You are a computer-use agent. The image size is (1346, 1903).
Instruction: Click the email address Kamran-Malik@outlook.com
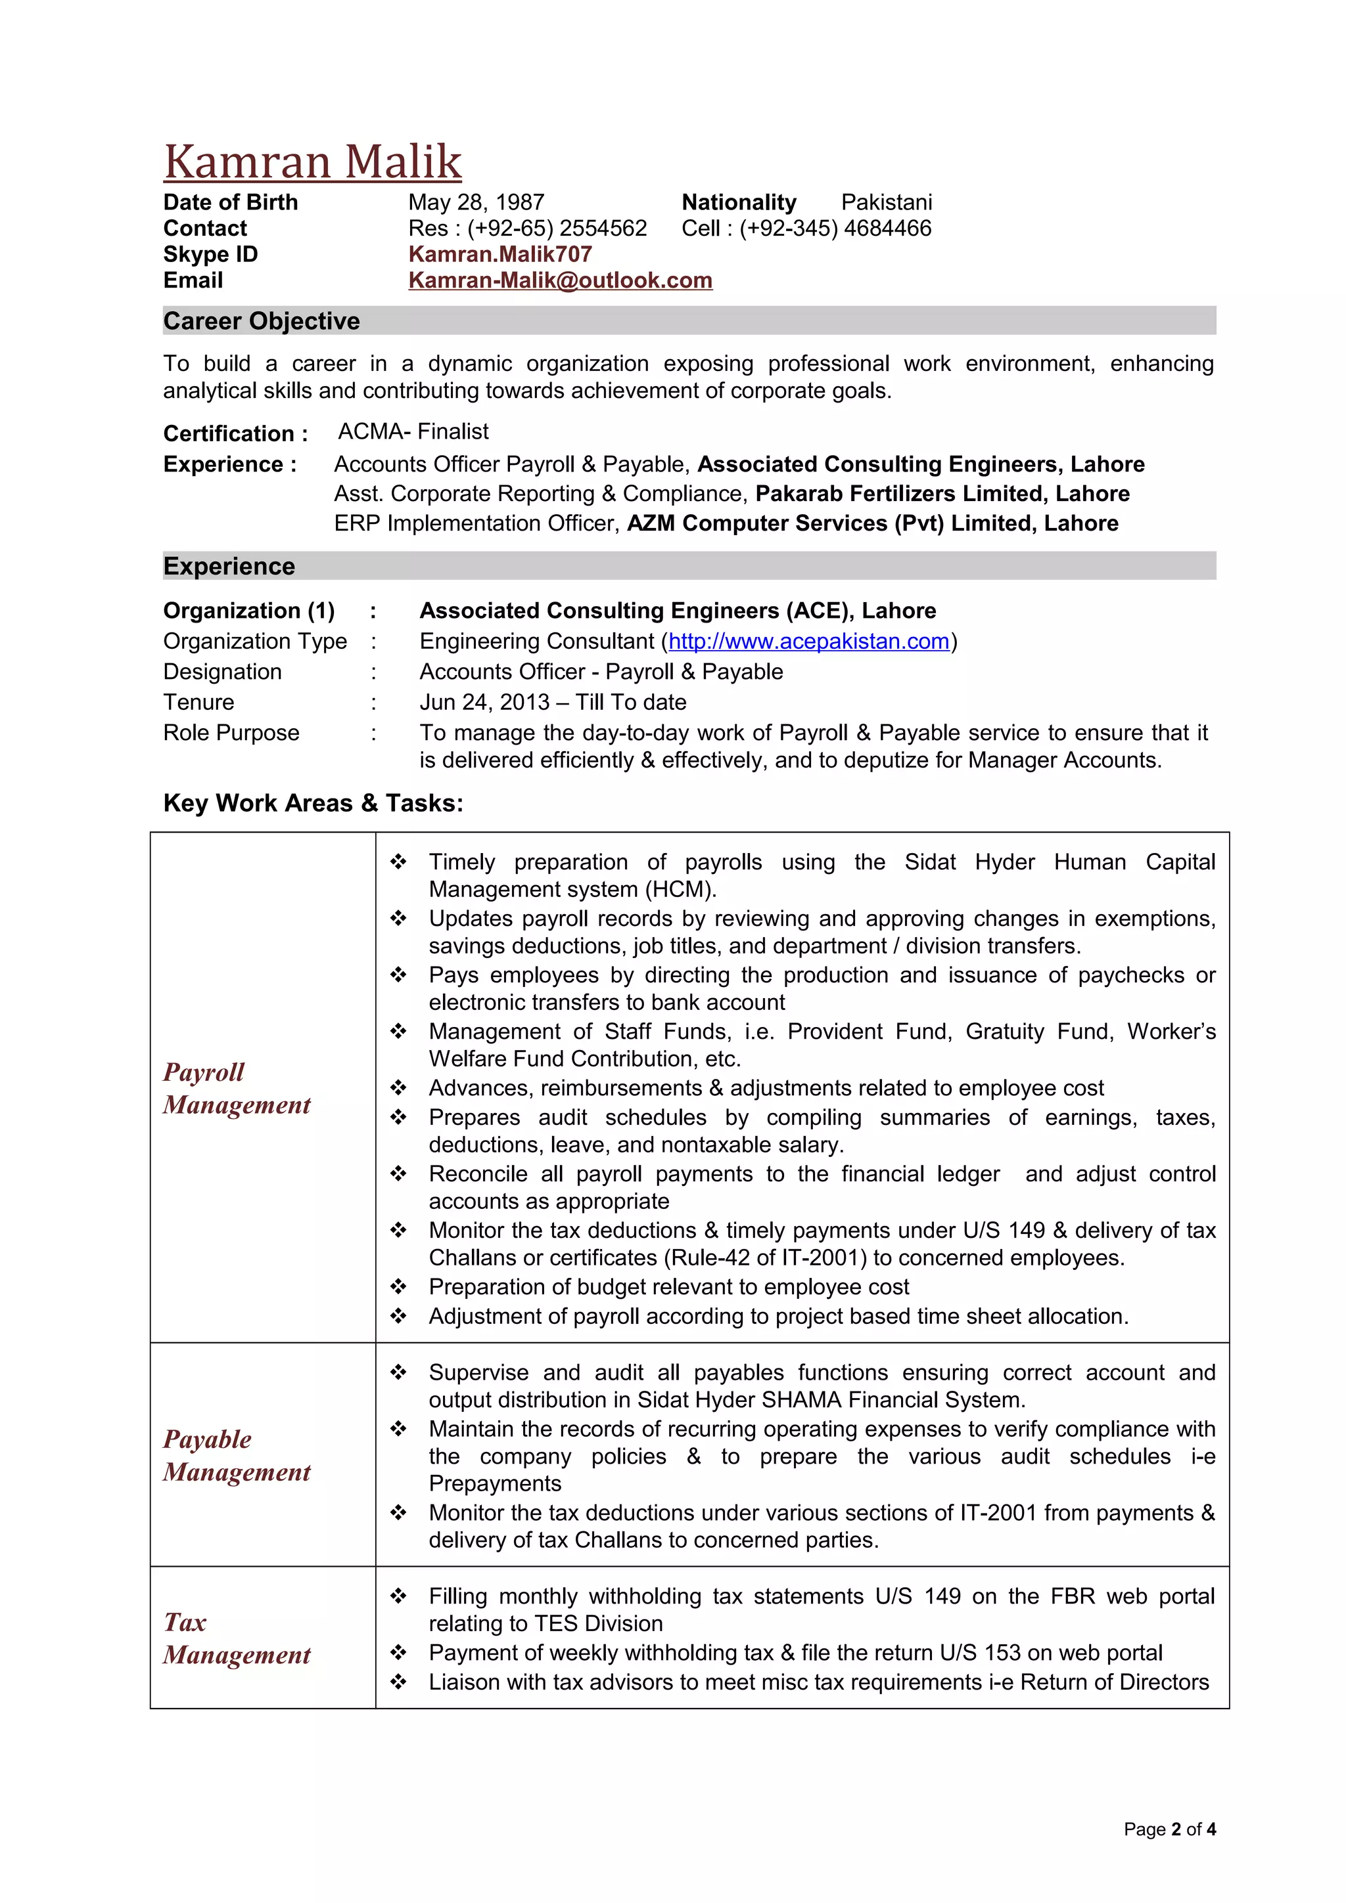560,280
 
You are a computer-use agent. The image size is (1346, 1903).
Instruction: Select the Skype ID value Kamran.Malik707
499,253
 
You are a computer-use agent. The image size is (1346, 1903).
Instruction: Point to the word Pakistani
886,202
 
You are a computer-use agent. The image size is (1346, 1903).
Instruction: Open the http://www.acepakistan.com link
808,641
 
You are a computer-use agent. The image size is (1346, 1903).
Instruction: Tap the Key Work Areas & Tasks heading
313,802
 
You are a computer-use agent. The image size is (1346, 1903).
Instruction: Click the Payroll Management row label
237,1088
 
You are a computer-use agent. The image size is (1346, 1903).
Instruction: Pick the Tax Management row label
237,1638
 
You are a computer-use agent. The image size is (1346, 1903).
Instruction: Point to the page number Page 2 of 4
1169,1829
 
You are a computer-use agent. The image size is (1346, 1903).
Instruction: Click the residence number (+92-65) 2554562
557,228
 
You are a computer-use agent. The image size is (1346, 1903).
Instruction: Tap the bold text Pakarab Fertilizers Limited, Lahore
941,493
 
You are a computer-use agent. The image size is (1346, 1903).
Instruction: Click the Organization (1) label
249,610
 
